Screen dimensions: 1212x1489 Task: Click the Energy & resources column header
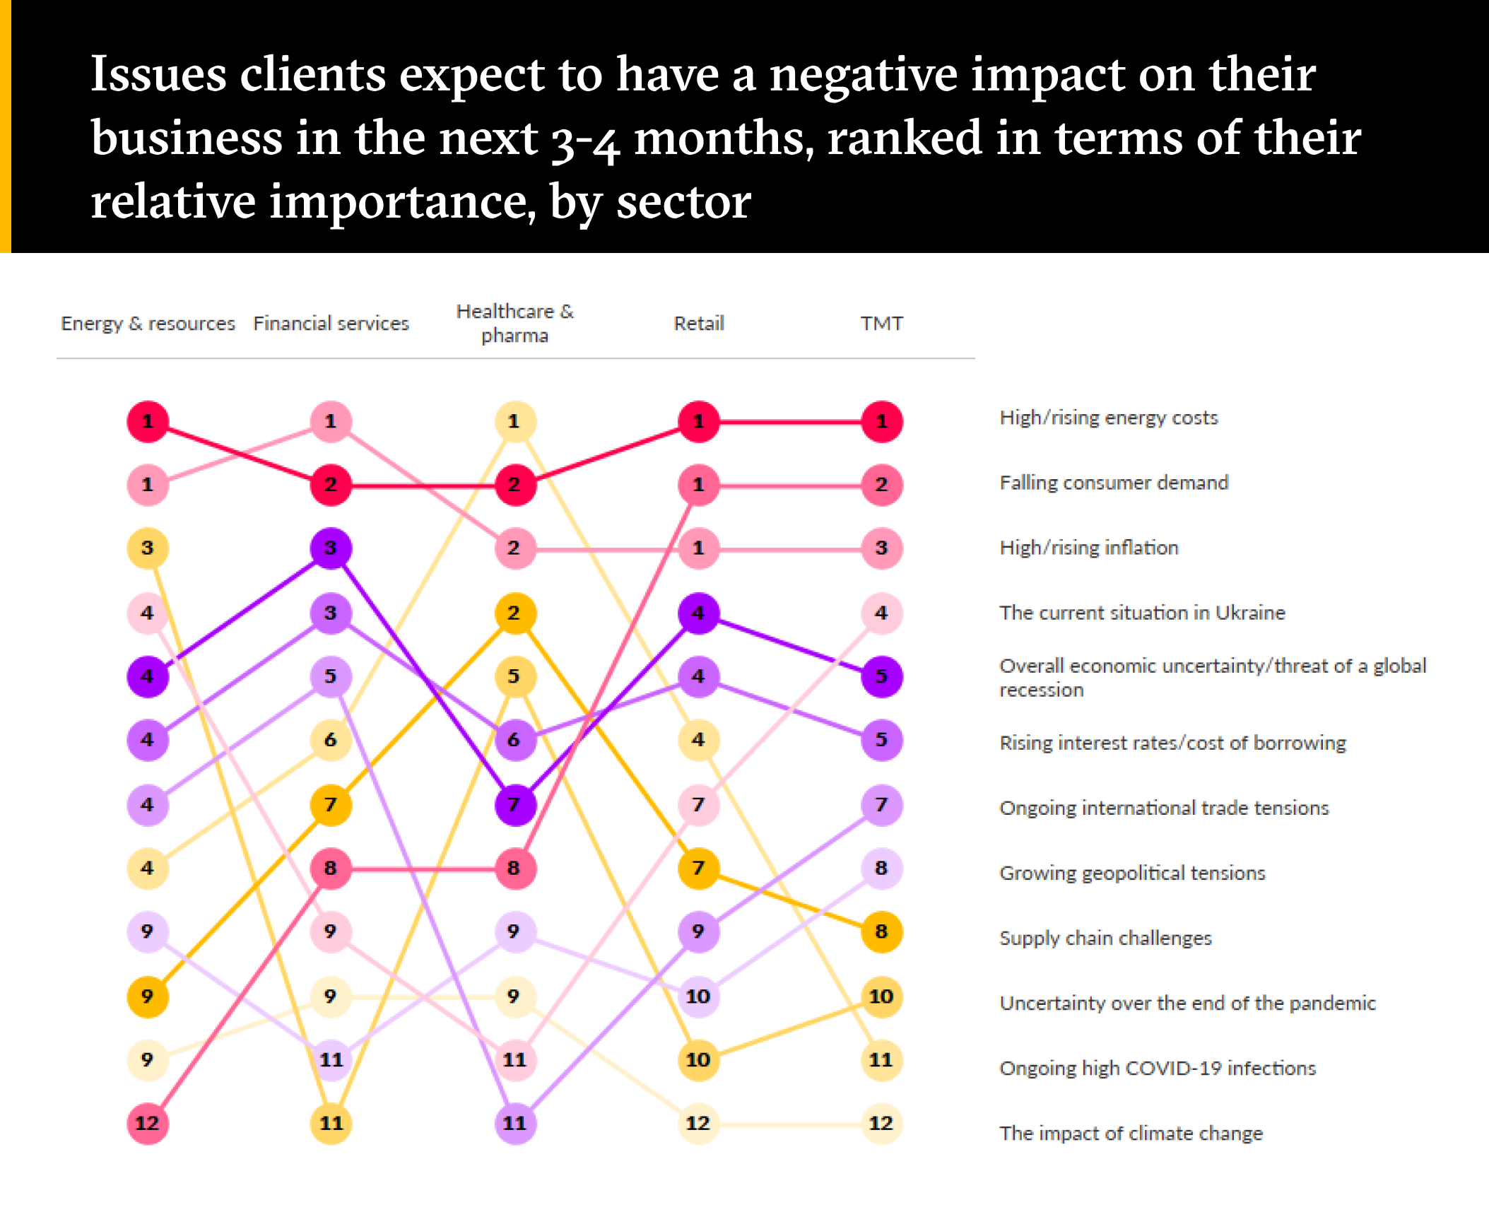148,324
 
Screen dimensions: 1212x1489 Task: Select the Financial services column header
331,324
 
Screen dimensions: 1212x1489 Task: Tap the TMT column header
881,324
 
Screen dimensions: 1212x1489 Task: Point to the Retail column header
699,324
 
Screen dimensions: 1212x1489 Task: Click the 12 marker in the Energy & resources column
148,1123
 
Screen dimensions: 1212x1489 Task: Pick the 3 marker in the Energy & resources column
148,548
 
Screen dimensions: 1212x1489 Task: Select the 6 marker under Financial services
331,740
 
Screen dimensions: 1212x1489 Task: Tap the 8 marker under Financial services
331,868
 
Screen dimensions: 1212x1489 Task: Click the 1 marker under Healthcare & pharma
514,422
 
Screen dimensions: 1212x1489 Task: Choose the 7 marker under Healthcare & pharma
514,804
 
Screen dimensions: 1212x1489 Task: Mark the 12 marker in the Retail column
698,1123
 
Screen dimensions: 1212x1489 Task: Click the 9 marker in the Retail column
698,931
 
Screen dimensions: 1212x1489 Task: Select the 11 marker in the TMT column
881,1059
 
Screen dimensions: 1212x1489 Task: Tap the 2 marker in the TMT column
881,485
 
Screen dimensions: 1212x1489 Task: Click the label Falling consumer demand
1114,483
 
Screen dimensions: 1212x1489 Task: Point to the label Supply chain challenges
1105,938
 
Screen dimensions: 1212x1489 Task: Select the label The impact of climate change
1131,1133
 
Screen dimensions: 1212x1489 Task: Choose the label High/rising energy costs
1109,418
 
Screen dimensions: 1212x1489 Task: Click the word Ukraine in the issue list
1249,613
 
